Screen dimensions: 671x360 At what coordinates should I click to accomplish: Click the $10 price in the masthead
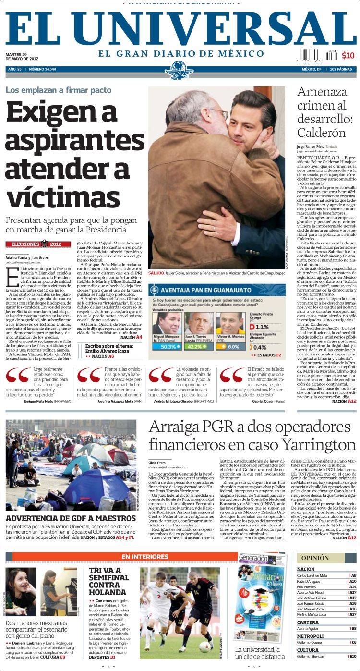(348, 55)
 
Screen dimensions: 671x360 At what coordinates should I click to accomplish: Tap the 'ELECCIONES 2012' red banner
(38, 244)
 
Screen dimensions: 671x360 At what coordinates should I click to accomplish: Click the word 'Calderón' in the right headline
(321, 133)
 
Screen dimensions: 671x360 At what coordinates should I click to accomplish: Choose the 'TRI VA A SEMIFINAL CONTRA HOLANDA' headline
(108, 581)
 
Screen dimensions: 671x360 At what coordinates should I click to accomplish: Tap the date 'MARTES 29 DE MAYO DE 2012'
(22, 56)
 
